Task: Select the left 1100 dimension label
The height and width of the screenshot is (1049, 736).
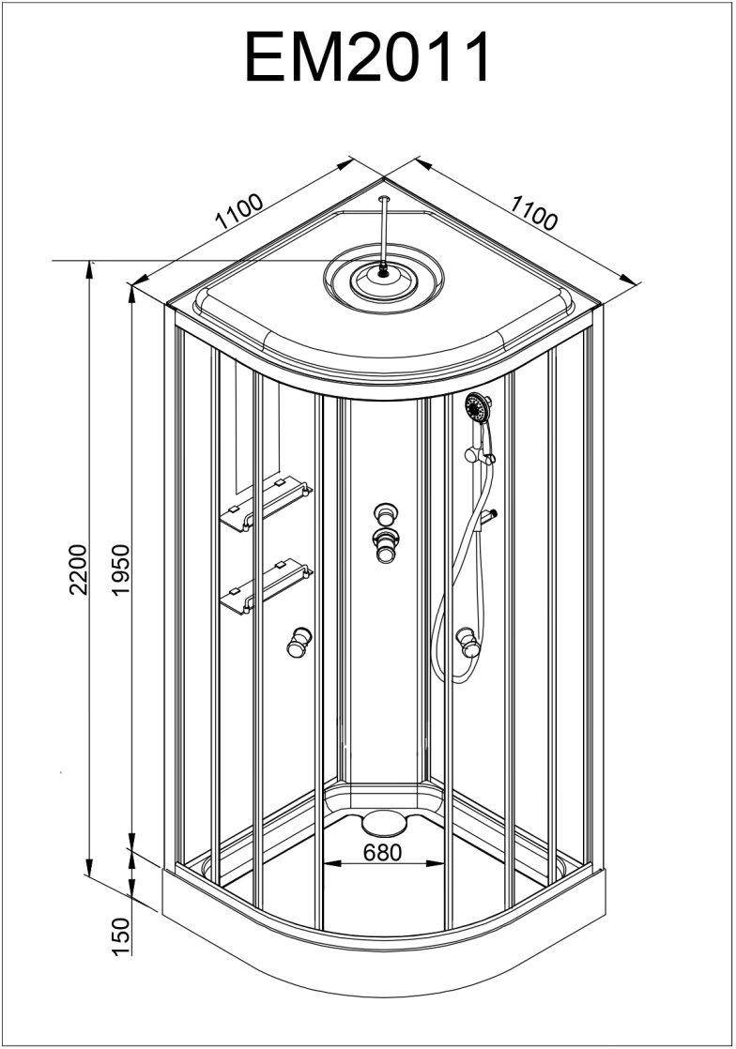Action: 238,212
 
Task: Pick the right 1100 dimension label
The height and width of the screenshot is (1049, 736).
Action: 534,212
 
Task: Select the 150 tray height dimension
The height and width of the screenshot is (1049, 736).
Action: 119,935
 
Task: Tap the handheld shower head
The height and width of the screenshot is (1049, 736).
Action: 479,408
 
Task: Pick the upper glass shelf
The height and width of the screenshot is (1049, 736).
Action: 265,503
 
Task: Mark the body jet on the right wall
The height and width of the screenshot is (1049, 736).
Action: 467,643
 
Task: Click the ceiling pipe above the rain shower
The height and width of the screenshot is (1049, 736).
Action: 383,230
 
